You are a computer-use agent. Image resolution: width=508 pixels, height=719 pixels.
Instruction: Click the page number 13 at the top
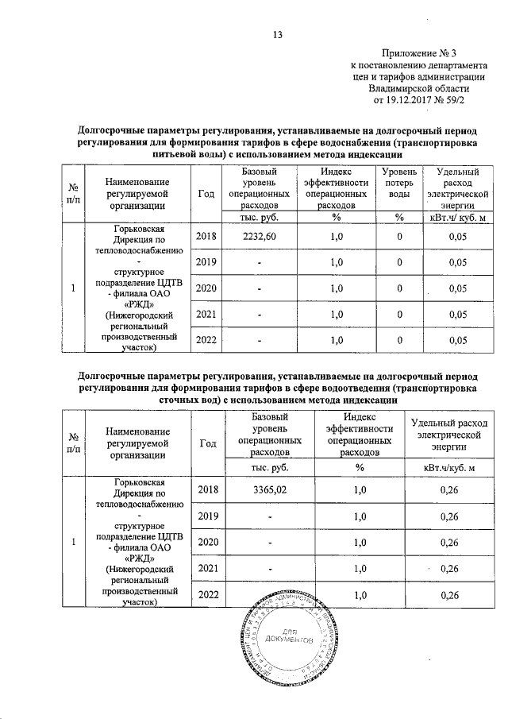click(277, 33)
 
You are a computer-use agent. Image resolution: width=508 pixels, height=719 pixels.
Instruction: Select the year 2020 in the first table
click(206, 288)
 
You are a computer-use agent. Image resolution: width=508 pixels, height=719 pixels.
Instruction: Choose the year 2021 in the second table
click(206, 568)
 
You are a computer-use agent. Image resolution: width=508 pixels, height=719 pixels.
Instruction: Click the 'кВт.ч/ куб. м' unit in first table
click(456, 218)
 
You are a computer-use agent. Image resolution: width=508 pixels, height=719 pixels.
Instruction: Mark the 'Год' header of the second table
click(206, 444)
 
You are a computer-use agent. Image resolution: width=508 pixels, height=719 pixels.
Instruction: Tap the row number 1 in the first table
click(72, 288)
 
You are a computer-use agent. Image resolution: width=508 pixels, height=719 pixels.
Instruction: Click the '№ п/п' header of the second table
click(72, 443)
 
